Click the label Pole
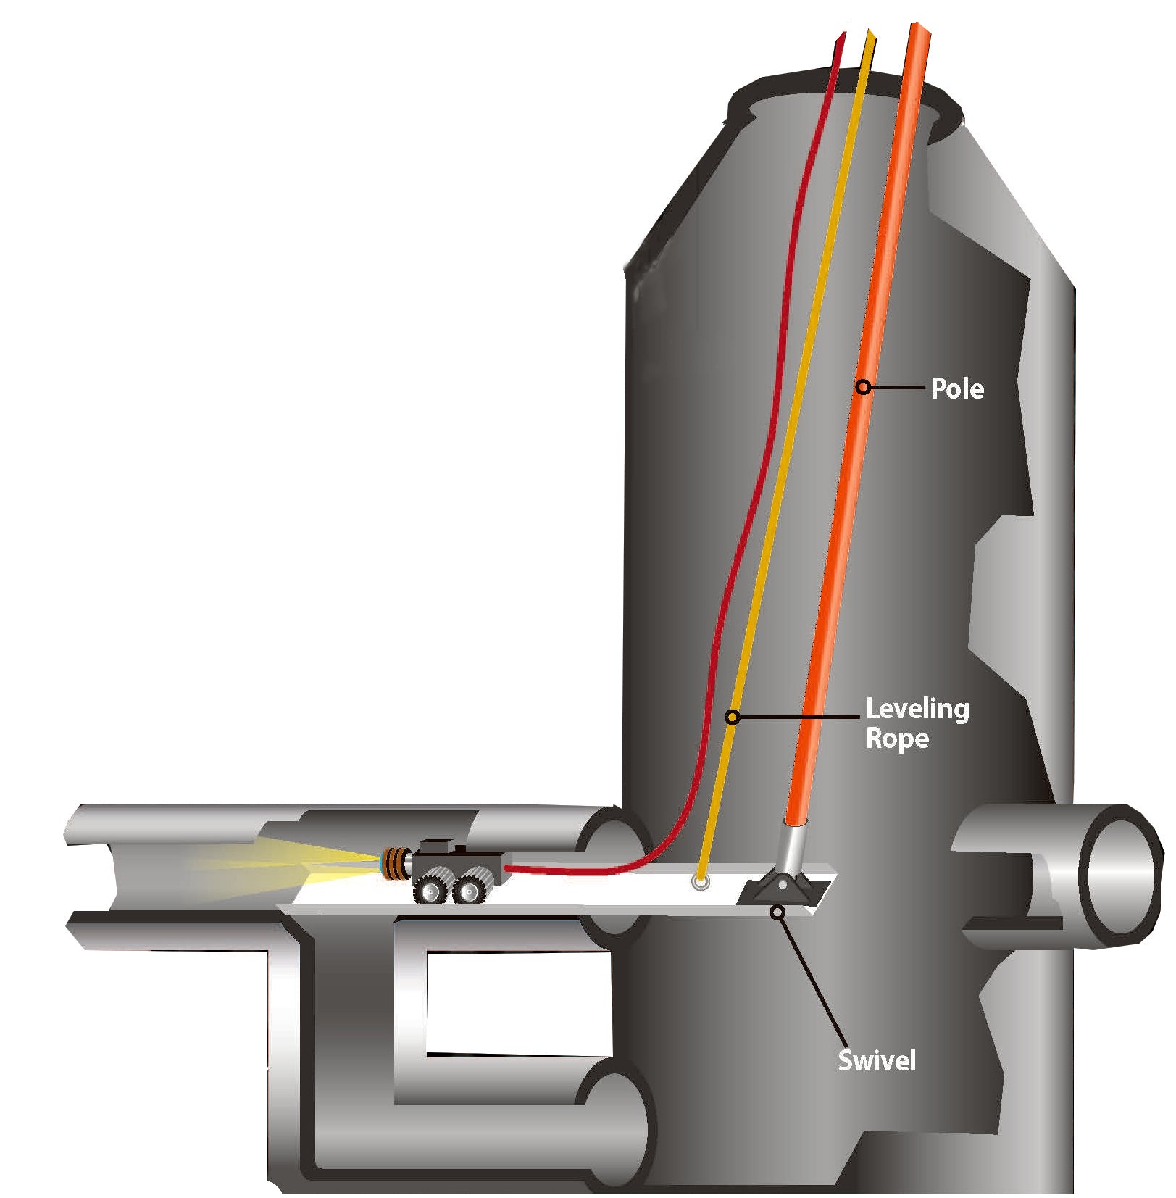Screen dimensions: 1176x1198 956,389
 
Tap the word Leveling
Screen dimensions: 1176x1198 917,709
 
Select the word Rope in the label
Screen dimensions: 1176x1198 897,739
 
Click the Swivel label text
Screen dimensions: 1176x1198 877,1060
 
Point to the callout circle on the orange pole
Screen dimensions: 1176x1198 862,388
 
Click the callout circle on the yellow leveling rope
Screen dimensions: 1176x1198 733,717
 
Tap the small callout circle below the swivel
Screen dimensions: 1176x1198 777,912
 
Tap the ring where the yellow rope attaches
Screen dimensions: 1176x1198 700,882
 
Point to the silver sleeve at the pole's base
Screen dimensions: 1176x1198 791,849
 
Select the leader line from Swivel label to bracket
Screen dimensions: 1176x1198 812,979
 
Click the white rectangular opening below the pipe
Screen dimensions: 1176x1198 518,1002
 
